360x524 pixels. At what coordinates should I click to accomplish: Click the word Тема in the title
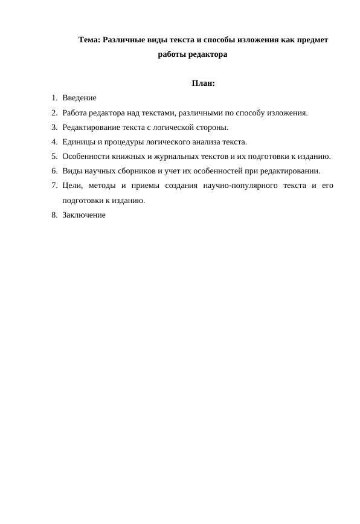coord(89,40)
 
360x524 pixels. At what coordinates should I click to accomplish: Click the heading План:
coord(203,83)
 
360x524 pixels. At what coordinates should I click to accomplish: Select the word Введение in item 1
coord(79,98)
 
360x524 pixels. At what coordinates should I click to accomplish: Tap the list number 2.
coord(54,112)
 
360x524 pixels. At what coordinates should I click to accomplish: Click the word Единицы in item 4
coord(77,142)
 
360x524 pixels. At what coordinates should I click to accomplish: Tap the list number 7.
coord(54,186)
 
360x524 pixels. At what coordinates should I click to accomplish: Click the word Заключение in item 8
coord(84,215)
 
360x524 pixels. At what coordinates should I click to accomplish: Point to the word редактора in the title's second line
coord(208,54)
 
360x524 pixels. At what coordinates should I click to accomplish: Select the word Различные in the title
coord(124,40)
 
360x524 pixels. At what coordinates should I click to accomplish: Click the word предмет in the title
coord(312,40)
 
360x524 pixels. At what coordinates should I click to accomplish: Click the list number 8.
coord(54,215)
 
